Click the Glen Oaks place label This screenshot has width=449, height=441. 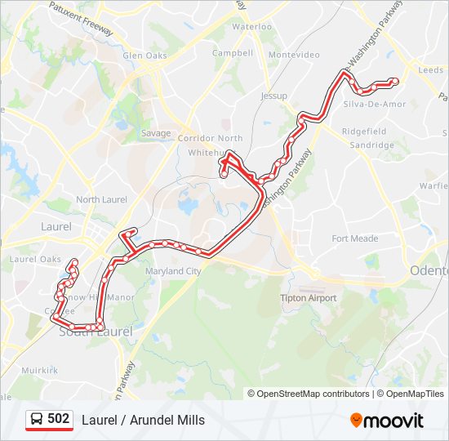point(144,56)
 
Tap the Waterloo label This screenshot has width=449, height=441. point(251,27)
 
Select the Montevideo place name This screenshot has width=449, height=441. point(293,55)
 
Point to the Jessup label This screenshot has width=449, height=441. point(274,96)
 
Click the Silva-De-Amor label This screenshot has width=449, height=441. point(375,105)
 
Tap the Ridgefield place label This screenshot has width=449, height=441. point(364,131)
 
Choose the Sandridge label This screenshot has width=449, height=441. point(371,145)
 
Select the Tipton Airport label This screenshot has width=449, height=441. point(309,298)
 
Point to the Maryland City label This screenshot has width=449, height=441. point(172,271)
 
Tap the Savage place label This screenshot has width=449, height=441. point(156,133)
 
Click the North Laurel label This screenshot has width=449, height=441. point(101,199)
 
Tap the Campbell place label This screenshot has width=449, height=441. point(233,53)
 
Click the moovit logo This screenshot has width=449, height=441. point(387,421)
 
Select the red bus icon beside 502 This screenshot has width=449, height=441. point(36,420)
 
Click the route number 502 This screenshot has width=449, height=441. point(59,419)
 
